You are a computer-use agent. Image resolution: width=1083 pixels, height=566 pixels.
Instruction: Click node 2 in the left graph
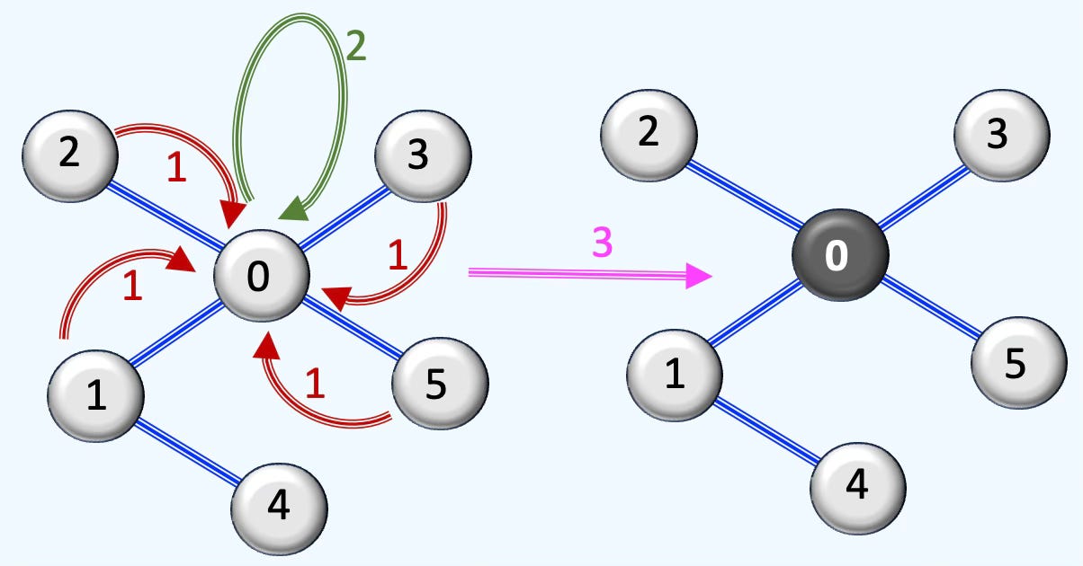[70, 154]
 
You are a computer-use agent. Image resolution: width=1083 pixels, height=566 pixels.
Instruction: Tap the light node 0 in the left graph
[260, 277]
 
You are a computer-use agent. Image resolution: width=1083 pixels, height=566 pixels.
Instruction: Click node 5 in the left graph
[440, 384]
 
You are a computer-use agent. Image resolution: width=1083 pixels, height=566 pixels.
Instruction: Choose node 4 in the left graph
[279, 509]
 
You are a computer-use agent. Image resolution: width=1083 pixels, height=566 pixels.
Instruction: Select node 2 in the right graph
[648, 133]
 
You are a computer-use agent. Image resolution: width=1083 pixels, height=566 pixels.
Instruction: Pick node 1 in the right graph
[674, 375]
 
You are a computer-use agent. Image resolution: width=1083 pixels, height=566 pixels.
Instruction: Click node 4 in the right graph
[857, 486]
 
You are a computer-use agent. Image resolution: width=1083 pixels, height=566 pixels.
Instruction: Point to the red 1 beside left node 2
[177, 169]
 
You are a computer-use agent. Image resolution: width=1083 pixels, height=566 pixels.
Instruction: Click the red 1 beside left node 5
[314, 385]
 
